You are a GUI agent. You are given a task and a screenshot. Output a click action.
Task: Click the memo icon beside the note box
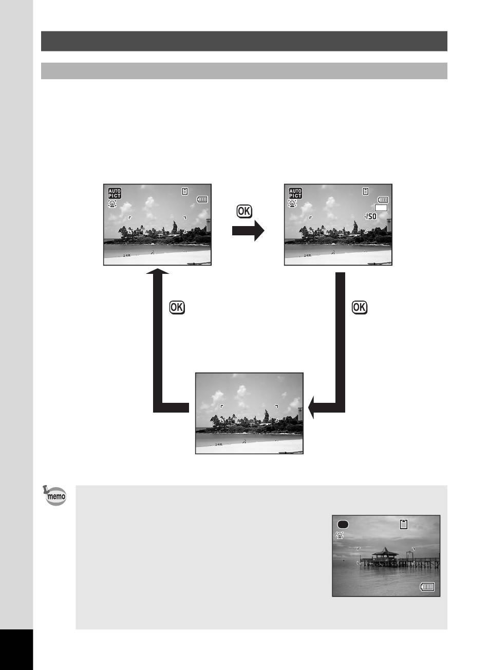click(x=55, y=495)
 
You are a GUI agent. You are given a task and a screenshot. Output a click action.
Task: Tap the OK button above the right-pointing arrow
click(x=245, y=211)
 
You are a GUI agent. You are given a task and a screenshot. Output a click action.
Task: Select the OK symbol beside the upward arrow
click(x=177, y=307)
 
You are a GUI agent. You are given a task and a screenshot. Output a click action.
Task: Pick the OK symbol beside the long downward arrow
click(x=360, y=307)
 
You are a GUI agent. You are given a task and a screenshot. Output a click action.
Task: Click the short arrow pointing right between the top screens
click(x=248, y=231)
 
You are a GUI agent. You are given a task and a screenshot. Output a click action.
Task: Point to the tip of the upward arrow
click(x=158, y=268)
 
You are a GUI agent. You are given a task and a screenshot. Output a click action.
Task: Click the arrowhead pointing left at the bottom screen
click(x=311, y=407)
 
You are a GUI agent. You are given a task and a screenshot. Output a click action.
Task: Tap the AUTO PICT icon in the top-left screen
click(x=115, y=193)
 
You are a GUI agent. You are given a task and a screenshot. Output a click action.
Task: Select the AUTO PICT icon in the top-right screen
click(x=295, y=193)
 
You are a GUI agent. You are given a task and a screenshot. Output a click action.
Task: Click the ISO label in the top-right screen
click(x=371, y=216)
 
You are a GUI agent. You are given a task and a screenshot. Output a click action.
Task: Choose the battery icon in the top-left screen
click(x=202, y=199)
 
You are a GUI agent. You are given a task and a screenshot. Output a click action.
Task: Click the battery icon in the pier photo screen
click(x=427, y=587)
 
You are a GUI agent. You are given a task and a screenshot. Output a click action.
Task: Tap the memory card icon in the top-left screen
click(x=185, y=191)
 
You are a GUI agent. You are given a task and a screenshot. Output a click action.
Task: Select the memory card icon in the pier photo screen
click(x=404, y=524)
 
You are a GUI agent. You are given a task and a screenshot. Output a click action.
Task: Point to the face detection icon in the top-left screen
click(x=112, y=204)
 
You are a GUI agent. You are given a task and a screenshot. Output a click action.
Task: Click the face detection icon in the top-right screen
click(x=292, y=203)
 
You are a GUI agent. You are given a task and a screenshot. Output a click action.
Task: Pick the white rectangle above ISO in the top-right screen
click(x=381, y=208)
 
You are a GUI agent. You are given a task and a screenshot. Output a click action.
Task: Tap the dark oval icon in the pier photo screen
click(x=343, y=524)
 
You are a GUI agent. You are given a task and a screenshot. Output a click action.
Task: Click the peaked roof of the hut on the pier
click(x=385, y=551)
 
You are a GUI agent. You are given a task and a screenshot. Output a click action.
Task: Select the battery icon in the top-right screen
click(x=383, y=199)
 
